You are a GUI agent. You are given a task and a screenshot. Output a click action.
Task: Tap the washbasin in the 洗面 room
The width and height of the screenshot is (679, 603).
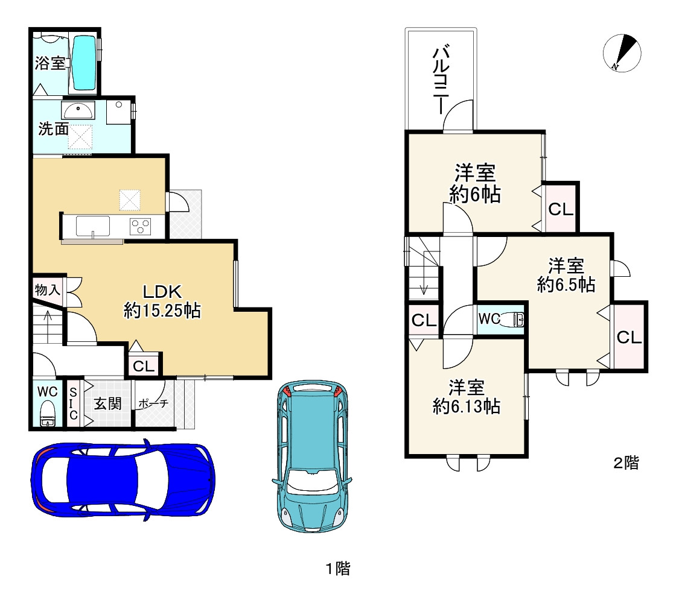coord(78,110)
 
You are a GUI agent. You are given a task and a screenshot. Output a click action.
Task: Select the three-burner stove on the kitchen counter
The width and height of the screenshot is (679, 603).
coord(140,226)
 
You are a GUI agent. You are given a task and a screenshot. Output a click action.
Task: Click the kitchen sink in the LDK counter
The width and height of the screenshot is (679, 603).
coord(93,226)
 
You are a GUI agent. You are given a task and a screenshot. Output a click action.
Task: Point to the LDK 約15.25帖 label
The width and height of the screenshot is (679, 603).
coord(162,301)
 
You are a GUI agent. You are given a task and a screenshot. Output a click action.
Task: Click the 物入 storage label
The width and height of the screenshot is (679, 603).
coord(47,290)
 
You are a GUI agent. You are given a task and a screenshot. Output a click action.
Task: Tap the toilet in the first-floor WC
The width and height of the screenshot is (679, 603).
coord(46,414)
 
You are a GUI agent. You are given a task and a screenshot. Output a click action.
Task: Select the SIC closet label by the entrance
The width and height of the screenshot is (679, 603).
coord(73,403)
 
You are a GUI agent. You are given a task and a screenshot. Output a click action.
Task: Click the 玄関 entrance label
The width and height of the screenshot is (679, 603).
coord(108,403)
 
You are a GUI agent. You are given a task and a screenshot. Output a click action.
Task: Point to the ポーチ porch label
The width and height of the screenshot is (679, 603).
coord(153,403)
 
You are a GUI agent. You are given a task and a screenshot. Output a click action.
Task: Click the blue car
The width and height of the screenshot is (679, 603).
coord(123,480)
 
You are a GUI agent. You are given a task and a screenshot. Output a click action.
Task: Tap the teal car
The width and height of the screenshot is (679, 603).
coord(312,456)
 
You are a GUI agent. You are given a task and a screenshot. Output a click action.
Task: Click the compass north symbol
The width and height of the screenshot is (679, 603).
coord(622,53)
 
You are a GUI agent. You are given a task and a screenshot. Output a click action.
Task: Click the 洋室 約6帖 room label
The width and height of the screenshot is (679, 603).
coord(475,183)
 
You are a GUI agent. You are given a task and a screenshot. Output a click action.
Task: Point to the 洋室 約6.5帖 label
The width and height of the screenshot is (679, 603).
coord(566,275)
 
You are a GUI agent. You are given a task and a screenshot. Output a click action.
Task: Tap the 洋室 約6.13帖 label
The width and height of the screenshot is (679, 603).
coord(467,397)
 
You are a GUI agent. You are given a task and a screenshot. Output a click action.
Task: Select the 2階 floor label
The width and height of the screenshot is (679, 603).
coord(626,463)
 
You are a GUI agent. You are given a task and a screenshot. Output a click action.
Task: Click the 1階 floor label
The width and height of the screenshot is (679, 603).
coord(338,569)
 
